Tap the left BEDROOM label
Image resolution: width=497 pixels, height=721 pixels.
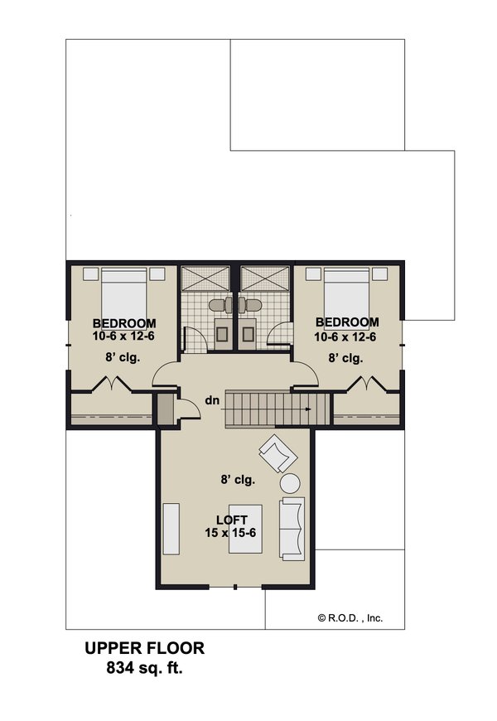click(124, 323)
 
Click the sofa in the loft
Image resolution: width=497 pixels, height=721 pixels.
click(292, 527)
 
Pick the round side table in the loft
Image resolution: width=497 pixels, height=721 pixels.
click(292, 483)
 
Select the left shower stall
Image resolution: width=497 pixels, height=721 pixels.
click(205, 278)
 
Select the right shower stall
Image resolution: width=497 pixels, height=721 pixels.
click(266, 278)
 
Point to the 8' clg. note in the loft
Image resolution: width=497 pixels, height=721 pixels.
click(237, 480)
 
